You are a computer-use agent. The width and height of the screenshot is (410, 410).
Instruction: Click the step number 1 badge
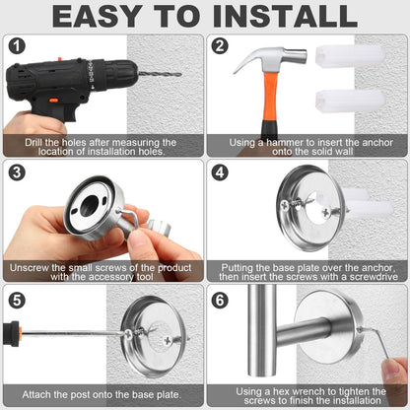tap(17, 46)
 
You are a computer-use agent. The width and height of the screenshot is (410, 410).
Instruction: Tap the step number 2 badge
tap(220, 45)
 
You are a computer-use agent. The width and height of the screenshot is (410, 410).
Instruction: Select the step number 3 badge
tap(17, 172)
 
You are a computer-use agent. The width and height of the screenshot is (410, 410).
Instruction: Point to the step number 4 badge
tap(220, 172)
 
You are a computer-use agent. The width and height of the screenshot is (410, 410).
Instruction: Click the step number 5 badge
tap(17, 300)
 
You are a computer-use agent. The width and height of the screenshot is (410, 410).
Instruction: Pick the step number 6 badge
tap(220, 300)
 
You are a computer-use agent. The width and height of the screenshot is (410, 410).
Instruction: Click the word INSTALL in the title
tap(285, 16)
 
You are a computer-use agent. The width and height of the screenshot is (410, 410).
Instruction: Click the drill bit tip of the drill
tap(180, 74)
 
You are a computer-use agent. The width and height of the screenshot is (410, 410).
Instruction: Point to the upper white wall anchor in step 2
tap(350, 56)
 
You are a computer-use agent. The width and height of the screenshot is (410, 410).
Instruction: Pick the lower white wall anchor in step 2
tap(350, 101)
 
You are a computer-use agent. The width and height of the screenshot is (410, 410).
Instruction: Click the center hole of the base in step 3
tap(89, 205)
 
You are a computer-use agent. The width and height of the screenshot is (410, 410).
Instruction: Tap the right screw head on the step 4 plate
tap(326, 212)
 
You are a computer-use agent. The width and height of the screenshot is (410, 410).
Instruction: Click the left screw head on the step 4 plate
tap(285, 205)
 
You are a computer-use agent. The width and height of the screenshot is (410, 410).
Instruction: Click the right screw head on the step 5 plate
tap(168, 341)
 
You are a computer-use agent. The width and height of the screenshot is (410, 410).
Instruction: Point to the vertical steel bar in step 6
tap(262, 330)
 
